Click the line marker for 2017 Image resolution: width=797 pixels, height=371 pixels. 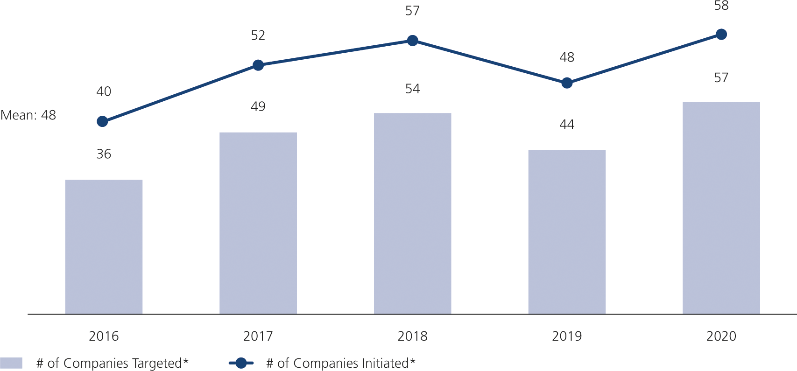[x=258, y=65]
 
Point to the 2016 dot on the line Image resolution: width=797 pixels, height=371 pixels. [x=102, y=121]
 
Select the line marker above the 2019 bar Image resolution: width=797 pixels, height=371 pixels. [x=567, y=83]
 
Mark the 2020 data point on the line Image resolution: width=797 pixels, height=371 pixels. [x=721, y=35]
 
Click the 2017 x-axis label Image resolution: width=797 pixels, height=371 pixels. [x=258, y=336]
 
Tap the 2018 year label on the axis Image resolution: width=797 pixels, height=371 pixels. [x=412, y=336]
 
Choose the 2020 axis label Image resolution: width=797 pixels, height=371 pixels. [x=721, y=336]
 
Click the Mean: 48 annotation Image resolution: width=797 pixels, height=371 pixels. [x=28, y=115]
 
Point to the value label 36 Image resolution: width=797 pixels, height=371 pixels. [x=104, y=154]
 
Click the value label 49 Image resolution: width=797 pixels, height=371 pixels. [x=258, y=106]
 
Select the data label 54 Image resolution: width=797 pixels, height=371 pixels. [x=412, y=89]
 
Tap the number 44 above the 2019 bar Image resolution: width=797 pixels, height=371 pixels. [x=567, y=125]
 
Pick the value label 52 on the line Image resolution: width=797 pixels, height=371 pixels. [x=258, y=35]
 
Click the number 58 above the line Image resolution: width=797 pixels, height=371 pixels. [x=721, y=6]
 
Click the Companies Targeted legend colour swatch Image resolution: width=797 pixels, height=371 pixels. [x=11, y=363]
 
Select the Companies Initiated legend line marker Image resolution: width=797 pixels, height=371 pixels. [x=241, y=363]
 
